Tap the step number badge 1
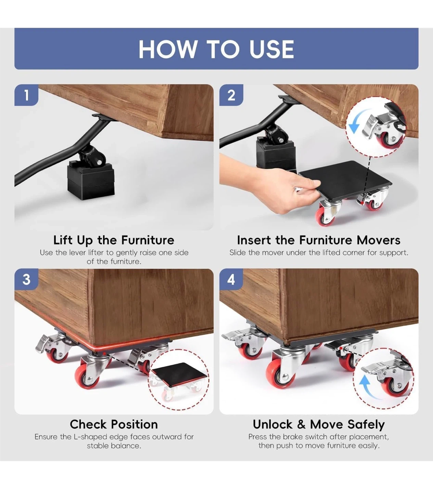pos(26,95)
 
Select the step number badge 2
pos(231,95)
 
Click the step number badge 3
pos(26,279)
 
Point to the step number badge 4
pos(231,279)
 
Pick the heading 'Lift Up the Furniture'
pos(114,240)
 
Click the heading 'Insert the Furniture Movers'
pos(319,240)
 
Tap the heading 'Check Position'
pos(114,425)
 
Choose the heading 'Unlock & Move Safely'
pos(319,425)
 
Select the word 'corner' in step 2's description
pos(353,253)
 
